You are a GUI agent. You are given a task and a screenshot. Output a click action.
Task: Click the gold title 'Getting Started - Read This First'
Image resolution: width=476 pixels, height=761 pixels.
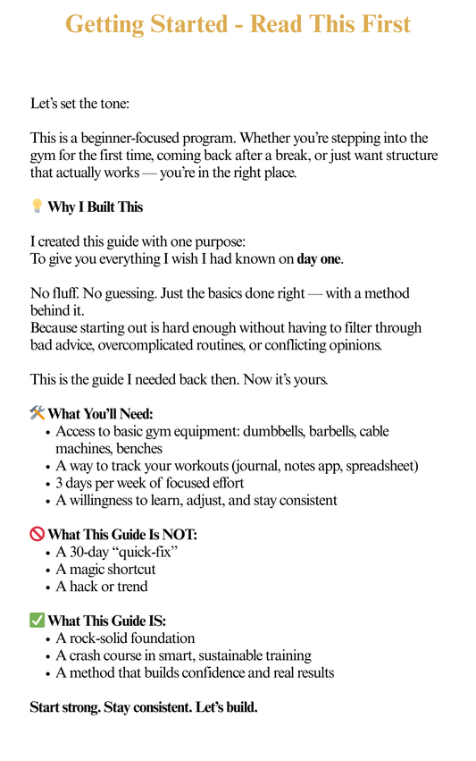[238, 24]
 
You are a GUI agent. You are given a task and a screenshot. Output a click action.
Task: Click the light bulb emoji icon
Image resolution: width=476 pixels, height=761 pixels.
[37, 207]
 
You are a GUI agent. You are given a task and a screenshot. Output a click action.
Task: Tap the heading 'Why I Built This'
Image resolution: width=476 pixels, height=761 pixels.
[95, 207]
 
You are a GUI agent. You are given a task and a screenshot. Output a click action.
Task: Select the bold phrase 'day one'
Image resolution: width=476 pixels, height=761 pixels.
[319, 259]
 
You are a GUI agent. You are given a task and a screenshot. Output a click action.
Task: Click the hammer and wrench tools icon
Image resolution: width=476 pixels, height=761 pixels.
[37, 413]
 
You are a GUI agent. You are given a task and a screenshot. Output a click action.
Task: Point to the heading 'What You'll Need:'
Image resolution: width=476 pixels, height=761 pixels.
[100, 414]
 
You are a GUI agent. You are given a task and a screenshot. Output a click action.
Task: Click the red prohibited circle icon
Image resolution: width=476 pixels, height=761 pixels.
[37, 535]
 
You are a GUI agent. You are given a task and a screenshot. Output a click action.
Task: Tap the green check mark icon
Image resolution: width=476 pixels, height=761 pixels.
[37, 621]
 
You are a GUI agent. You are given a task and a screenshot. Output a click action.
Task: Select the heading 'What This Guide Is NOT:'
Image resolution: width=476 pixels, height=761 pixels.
[122, 536]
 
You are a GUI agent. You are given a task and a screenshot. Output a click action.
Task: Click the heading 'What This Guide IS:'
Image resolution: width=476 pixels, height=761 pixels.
[106, 621]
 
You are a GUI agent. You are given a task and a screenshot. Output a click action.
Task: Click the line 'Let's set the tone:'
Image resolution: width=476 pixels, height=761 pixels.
[79, 104]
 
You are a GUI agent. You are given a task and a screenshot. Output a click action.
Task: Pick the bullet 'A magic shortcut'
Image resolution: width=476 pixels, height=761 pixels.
[105, 570]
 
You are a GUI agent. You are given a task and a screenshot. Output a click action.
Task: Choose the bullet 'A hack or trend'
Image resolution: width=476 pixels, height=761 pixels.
[102, 587]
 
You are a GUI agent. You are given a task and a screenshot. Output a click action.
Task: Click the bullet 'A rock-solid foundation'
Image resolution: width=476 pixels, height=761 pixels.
[125, 638]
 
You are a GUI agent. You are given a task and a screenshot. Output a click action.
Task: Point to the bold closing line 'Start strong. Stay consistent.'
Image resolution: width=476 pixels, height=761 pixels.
[144, 707]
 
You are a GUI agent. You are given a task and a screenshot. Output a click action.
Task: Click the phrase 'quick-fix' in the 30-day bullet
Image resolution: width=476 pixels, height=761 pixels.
[142, 552]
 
